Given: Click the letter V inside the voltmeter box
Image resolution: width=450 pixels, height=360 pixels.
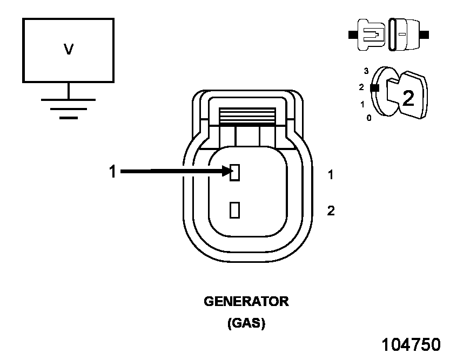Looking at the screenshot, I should tap(69, 50).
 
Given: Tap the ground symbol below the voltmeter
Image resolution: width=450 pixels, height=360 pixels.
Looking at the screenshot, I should tap(69, 108).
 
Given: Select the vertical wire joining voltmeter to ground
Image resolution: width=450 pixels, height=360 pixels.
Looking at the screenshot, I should tap(69, 91).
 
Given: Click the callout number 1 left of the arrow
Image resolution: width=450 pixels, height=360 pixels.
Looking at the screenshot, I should tap(112, 172).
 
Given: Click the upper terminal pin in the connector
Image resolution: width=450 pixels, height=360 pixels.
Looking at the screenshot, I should tap(234, 172).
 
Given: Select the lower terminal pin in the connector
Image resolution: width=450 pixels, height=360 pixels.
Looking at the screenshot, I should tap(234, 209).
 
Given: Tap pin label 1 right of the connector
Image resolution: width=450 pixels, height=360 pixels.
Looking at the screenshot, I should tap(331, 175).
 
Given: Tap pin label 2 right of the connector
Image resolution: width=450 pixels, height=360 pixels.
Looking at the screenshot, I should tap(331, 210).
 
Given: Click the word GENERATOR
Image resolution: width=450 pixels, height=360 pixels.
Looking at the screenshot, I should tap(246, 302).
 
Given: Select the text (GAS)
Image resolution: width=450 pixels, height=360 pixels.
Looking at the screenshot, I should tap(246, 324).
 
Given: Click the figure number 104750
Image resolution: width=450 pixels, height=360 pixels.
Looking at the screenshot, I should tap(411, 345).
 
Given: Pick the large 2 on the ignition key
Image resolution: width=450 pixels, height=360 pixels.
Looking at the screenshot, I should tap(408, 97).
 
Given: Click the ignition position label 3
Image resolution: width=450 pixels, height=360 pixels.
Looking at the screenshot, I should tap(366, 71).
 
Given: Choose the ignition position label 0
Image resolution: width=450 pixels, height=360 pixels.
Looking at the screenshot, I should tap(369, 117).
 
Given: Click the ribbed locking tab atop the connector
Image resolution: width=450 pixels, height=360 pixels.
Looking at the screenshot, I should tap(246, 116).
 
